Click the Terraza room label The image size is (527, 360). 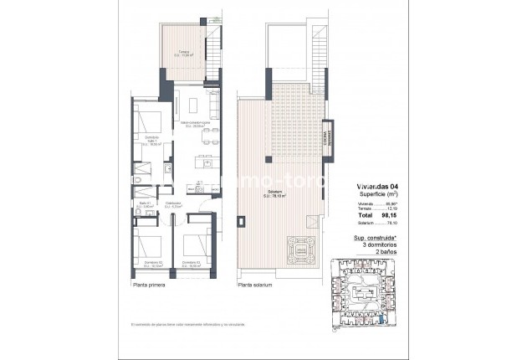coord(183,55)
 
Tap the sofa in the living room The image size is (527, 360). coord(212,105)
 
